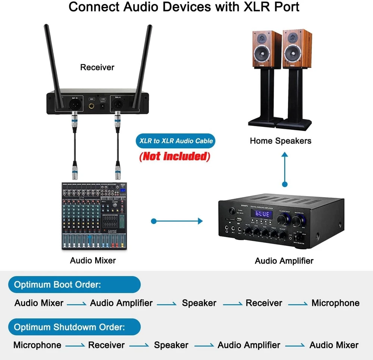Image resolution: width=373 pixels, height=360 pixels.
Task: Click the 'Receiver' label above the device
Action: click(97, 68)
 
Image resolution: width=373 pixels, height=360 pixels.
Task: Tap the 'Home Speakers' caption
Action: click(280, 141)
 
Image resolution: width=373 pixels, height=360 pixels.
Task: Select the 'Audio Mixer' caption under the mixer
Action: click(93, 260)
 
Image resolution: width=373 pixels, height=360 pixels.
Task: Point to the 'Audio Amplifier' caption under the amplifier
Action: click(284, 261)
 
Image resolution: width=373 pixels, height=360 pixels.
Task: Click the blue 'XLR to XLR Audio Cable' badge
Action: click(176, 141)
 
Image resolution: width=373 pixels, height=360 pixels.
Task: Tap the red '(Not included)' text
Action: click(175, 156)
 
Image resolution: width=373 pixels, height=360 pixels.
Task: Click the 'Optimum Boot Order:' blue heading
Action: click(57, 285)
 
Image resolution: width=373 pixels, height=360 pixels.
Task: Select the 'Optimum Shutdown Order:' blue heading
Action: click(69, 328)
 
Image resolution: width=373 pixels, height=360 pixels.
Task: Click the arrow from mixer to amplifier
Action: click(177, 221)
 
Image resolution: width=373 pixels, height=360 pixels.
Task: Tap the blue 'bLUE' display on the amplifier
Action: click(263, 214)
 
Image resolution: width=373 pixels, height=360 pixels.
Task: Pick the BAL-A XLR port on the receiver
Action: click(118, 104)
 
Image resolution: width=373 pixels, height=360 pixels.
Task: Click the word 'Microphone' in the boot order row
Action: click(335, 303)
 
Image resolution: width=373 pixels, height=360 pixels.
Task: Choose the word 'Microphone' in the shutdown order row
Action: click(37, 345)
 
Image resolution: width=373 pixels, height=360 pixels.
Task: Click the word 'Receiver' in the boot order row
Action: click(264, 303)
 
